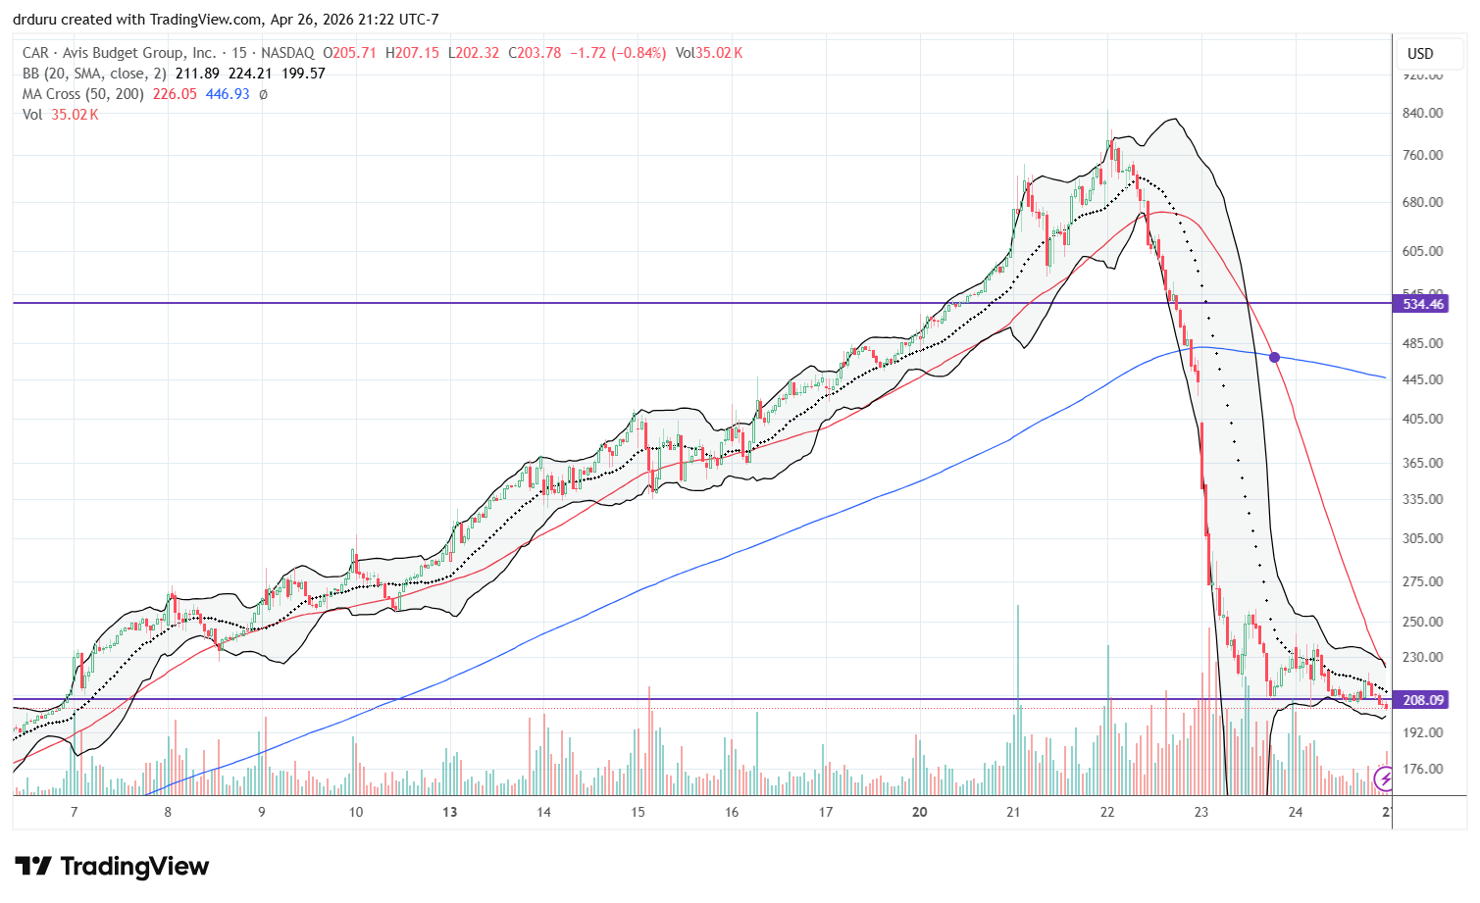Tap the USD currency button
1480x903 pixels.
tap(1420, 54)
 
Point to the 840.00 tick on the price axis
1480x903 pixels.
tap(1422, 113)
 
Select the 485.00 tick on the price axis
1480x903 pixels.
tap(1422, 343)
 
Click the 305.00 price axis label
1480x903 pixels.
tap(1422, 538)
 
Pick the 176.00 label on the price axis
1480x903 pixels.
tap(1422, 769)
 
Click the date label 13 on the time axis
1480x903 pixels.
tap(449, 812)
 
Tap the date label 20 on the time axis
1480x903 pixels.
tap(919, 812)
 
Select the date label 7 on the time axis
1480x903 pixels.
tap(75, 812)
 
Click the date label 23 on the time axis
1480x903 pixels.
tap(1201, 812)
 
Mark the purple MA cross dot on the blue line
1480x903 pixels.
tap(1274, 357)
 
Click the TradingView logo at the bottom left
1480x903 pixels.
tap(112, 867)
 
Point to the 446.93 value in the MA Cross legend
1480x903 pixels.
tap(228, 94)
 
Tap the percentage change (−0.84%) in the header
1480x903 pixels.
tap(639, 53)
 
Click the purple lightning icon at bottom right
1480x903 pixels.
tap(1384, 779)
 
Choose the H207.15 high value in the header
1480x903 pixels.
tap(413, 53)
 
